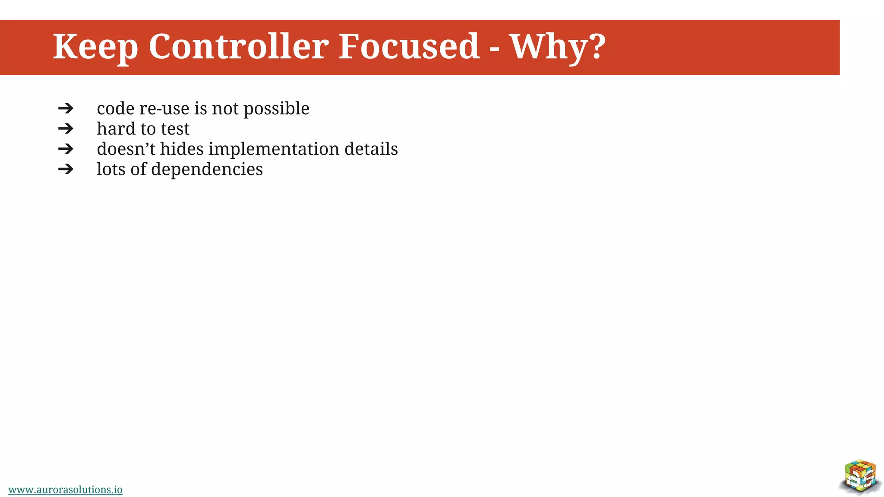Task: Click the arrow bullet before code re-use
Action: point(66,108)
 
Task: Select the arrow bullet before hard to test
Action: point(66,129)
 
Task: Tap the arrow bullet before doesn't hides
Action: point(66,149)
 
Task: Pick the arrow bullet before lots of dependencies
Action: point(66,169)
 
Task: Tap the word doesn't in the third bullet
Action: point(126,149)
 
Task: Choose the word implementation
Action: point(274,149)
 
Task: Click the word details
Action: point(371,149)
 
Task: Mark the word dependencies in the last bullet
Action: point(207,170)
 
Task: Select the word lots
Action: point(111,170)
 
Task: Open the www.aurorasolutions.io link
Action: point(65,490)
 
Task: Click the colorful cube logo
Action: point(860,476)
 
